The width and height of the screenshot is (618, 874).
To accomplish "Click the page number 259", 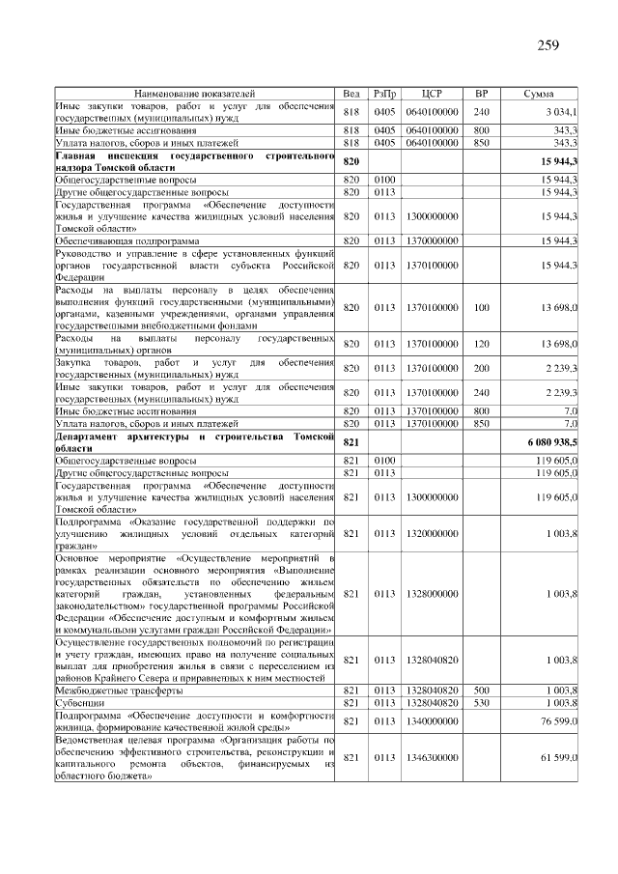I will [x=547, y=45].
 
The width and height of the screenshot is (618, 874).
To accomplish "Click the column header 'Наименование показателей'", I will [x=195, y=94].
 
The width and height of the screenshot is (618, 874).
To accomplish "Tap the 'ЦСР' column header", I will [x=432, y=94].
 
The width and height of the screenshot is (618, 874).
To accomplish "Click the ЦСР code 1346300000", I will [x=432, y=759].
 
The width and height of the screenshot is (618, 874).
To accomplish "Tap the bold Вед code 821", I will [x=351, y=440].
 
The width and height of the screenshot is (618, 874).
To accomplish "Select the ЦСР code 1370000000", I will [x=432, y=240].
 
